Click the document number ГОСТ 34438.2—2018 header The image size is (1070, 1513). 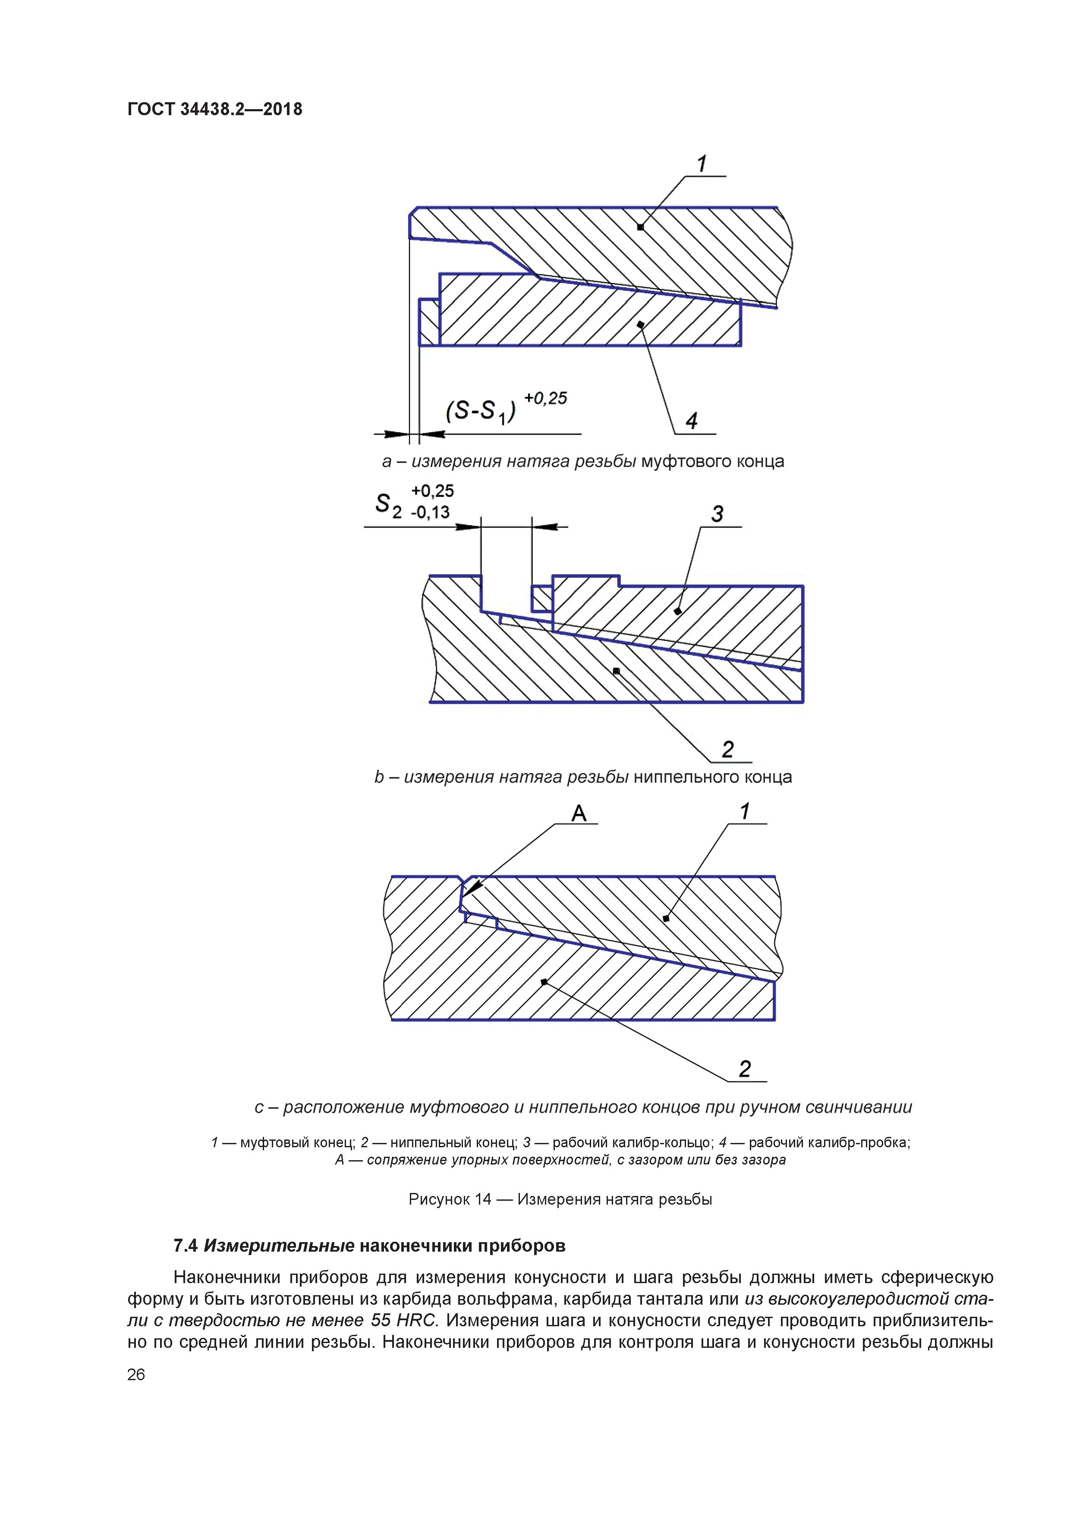click(214, 109)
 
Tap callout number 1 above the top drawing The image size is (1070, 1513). click(702, 163)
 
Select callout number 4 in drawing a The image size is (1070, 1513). click(692, 421)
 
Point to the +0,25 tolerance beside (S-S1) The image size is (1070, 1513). click(545, 398)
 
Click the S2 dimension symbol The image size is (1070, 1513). click(387, 505)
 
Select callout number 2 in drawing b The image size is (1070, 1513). click(728, 749)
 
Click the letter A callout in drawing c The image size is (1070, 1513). click(579, 813)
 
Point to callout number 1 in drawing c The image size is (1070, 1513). click(745, 811)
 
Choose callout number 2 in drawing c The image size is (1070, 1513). click(745, 1069)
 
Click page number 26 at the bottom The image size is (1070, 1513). click(136, 1374)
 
